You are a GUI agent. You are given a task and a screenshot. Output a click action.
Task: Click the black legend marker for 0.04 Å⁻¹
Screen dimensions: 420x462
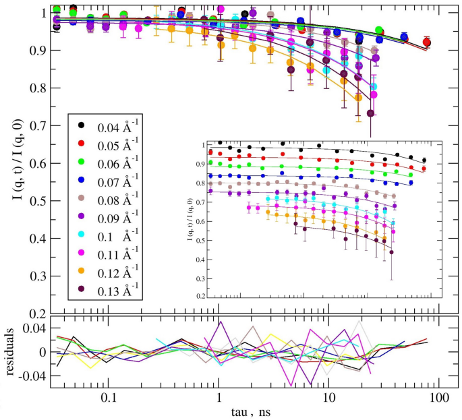point(82,125)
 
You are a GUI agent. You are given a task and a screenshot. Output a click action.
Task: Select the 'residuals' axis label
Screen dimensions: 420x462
point(9,352)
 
